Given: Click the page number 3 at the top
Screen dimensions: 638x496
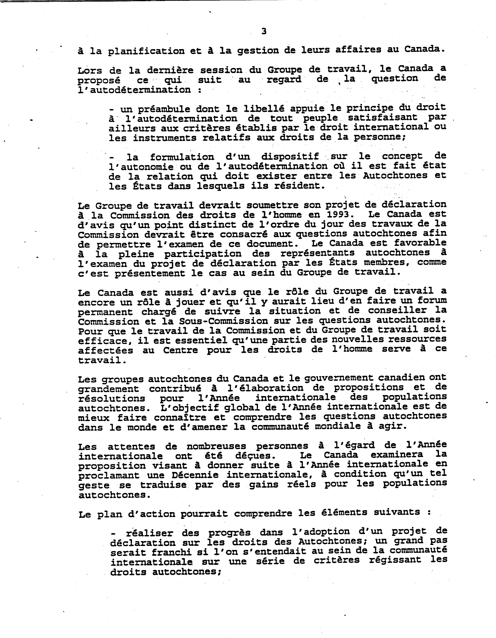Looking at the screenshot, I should tap(264, 31).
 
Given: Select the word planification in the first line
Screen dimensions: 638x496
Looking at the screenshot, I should tap(146, 51).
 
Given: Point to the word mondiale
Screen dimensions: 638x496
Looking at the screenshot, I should tap(339, 426).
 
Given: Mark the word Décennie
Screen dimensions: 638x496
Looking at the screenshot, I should tap(195, 475).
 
